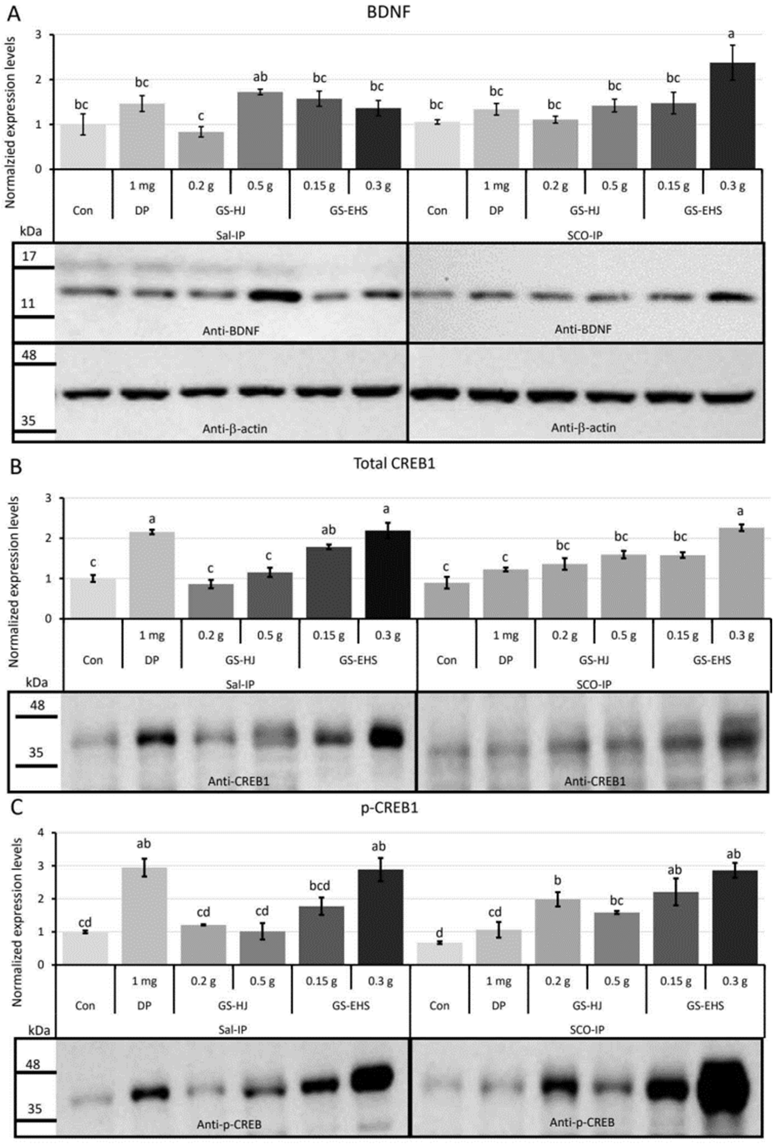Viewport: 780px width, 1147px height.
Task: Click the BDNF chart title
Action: coord(388,12)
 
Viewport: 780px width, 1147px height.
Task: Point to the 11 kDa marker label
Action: coord(28,303)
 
